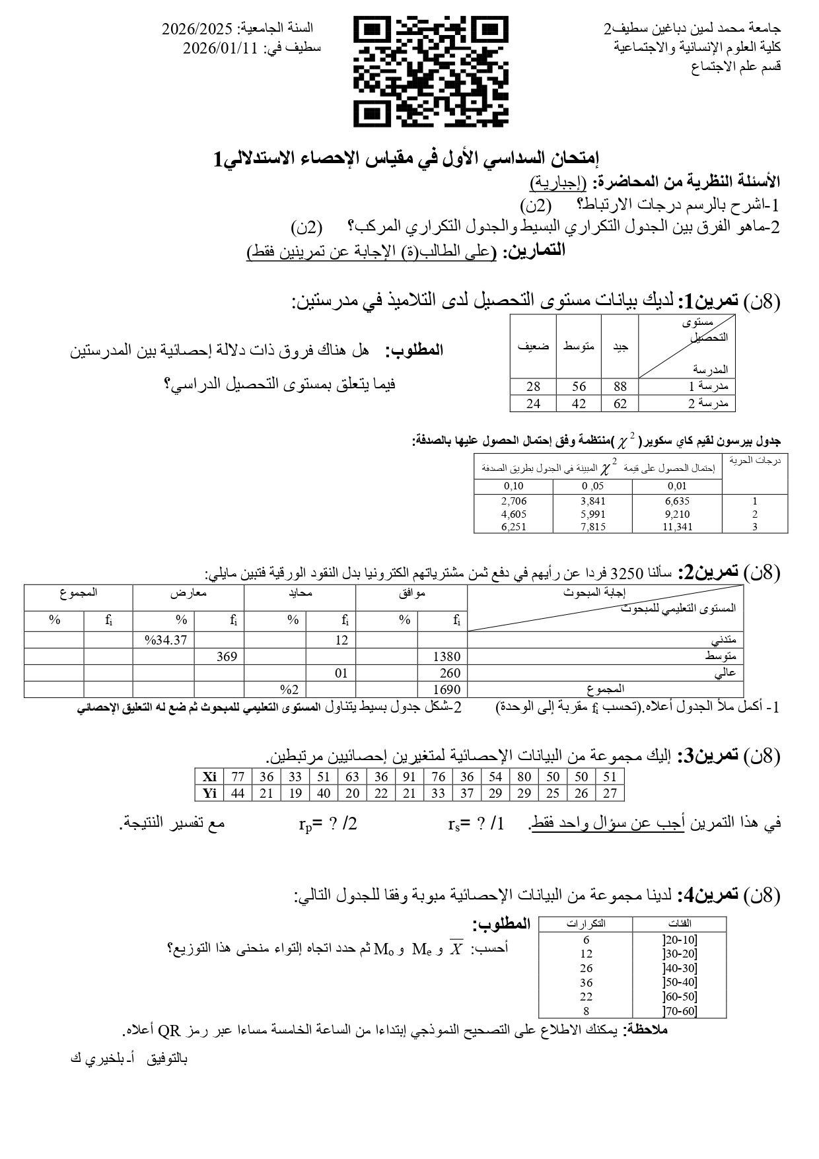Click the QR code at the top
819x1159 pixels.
(x=431, y=72)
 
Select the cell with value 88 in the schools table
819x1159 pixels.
(x=620, y=387)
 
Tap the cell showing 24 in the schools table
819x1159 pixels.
(x=533, y=404)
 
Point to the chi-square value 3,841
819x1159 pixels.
(x=592, y=501)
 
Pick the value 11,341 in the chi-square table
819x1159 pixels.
(x=677, y=527)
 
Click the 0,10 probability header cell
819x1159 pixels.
(x=513, y=487)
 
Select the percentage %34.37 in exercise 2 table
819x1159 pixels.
(x=166, y=640)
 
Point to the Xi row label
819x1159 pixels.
(x=209, y=777)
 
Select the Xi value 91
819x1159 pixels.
(x=409, y=777)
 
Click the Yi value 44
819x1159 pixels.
(x=238, y=793)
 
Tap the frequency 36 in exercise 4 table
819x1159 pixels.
(x=586, y=983)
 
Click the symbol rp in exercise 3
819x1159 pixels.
(x=306, y=824)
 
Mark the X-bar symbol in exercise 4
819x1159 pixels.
(x=456, y=949)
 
